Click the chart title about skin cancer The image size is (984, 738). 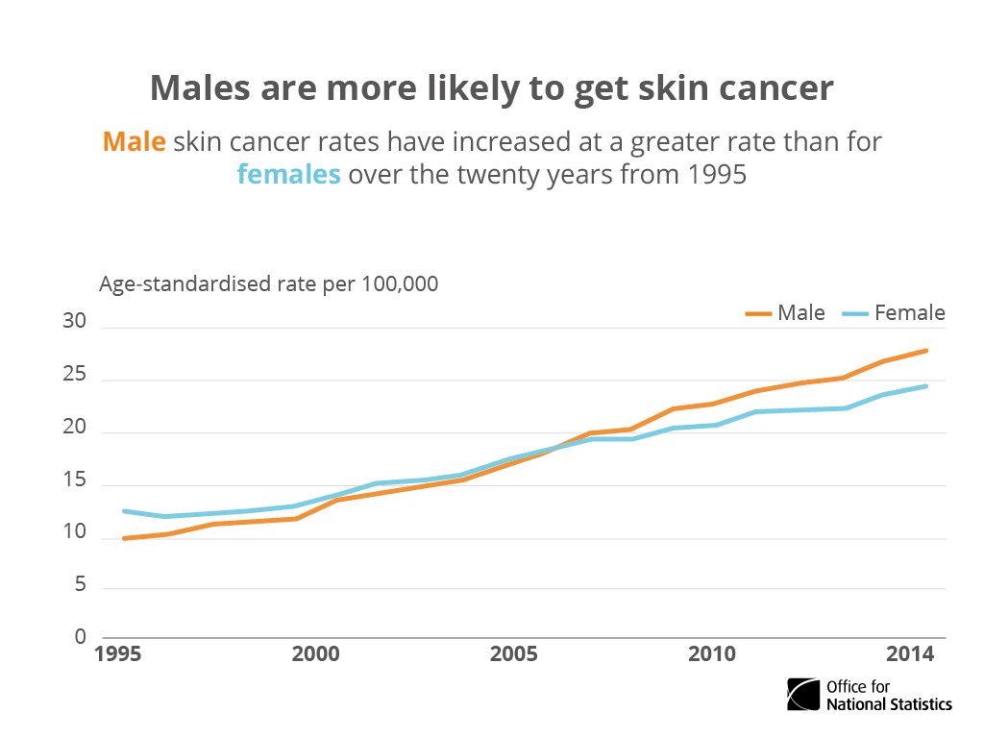point(491,88)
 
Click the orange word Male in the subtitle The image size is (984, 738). point(134,142)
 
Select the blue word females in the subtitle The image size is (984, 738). point(288,175)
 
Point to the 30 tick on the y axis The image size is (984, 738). point(75,322)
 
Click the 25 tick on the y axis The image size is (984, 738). point(75,375)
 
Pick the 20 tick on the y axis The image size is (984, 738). point(75,428)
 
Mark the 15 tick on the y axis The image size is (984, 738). point(75,480)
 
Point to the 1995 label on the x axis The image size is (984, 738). point(119,654)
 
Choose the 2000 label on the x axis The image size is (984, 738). point(315,654)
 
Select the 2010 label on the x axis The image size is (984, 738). point(711,654)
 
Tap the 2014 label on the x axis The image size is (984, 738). point(909,654)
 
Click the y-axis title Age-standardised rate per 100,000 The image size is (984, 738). point(269,284)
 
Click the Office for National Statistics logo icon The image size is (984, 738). point(803,694)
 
